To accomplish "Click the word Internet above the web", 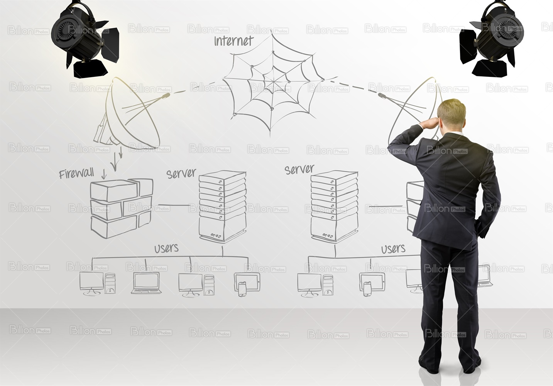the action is point(233,41).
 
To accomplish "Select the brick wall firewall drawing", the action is point(122,208).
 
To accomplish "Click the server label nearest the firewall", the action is point(181,173).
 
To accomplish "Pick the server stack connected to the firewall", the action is point(223,206).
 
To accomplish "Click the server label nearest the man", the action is point(299,170).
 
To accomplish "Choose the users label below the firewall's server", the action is point(166,248).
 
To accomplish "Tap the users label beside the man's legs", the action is point(393,249).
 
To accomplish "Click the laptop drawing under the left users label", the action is point(146,283).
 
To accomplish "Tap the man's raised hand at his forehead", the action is point(431,122).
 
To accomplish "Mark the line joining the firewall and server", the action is point(174,205).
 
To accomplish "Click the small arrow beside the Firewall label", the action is point(104,174).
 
